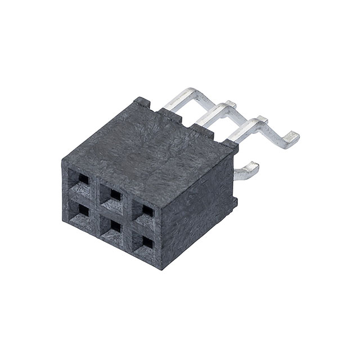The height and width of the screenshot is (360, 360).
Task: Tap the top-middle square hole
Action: pyautogui.click(x=115, y=195)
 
